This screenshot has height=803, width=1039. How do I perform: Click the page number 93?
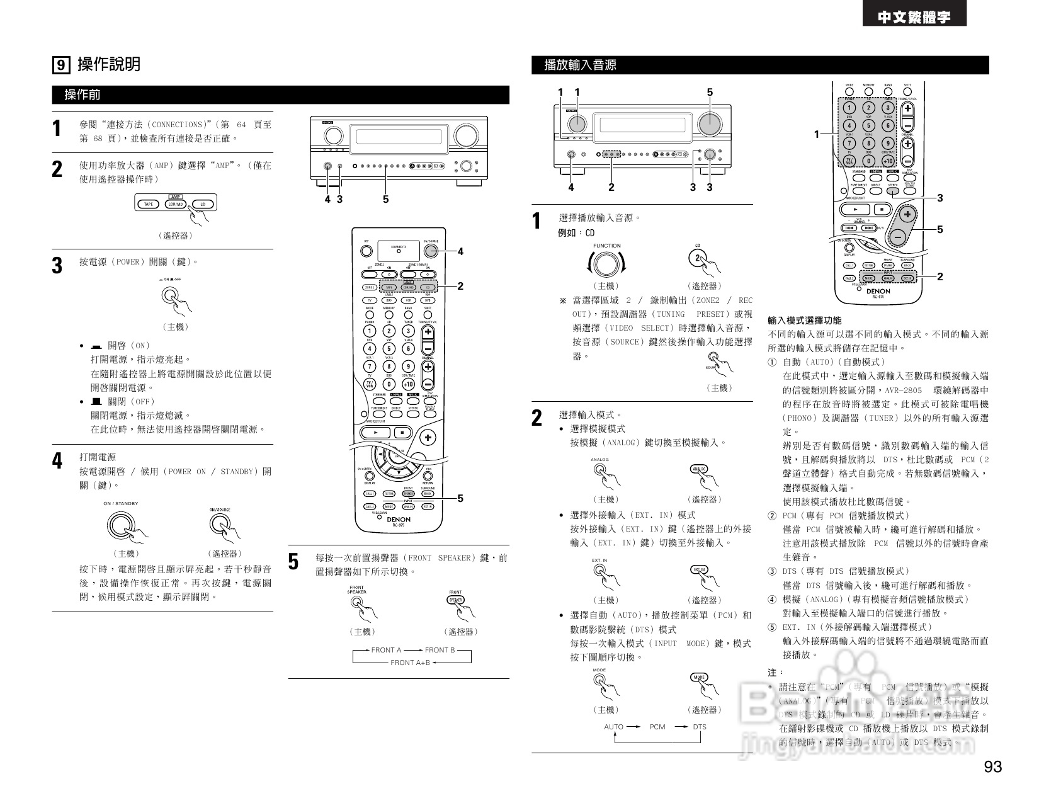tap(992, 766)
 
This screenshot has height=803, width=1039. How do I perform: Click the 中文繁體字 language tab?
tap(914, 18)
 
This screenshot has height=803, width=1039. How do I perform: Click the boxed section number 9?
tap(60, 64)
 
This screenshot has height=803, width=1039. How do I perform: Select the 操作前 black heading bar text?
tap(82, 95)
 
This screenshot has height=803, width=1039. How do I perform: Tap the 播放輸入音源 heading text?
tap(580, 65)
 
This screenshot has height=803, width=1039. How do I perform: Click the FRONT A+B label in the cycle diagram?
tap(410, 663)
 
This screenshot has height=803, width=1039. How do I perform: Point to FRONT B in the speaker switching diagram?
tap(440, 650)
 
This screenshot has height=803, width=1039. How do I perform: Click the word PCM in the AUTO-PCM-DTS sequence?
tap(657, 727)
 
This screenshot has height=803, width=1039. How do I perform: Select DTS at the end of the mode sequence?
tap(700, 727)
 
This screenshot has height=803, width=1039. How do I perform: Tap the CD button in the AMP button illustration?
tap(203, 204)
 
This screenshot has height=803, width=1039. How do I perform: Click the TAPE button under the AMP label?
tap(149, 204)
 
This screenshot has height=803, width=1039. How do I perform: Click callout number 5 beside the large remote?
tap(460, 498)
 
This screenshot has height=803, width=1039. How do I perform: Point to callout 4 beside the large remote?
tap(460, 251)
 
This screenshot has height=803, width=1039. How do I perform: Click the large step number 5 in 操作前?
tap(293, 561)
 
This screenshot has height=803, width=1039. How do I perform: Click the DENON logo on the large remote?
tap(398, 520)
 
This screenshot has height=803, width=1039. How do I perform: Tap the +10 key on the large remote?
tap(408, 384)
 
